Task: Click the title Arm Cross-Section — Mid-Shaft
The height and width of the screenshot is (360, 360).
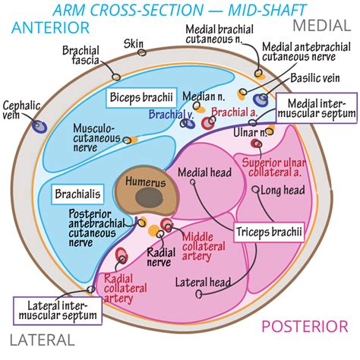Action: [x=181, y=10]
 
